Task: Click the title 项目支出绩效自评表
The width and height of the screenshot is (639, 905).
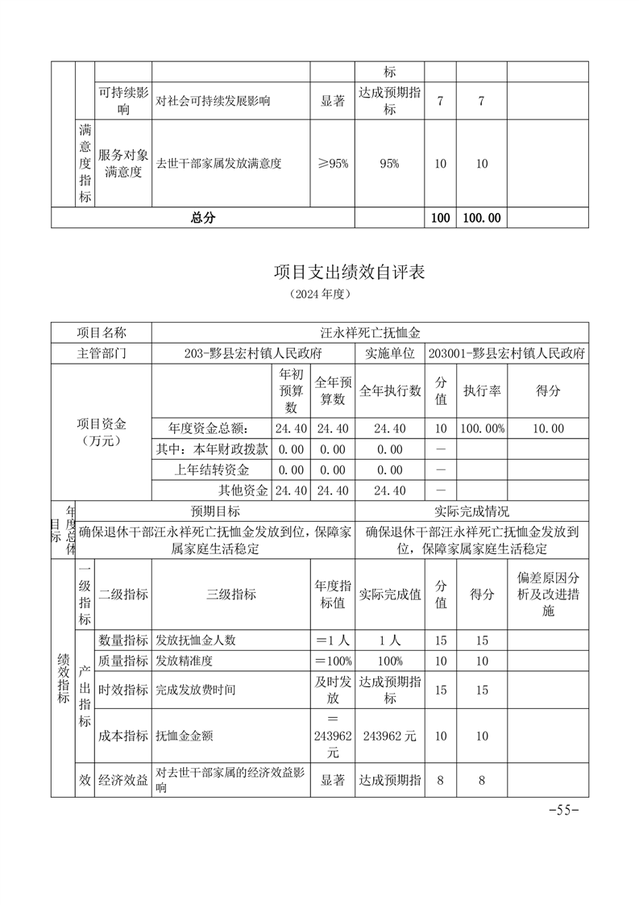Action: click(349, 273)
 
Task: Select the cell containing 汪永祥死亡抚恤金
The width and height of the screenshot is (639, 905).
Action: click(370, 332)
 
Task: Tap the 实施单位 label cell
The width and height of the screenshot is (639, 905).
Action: click(390, 353)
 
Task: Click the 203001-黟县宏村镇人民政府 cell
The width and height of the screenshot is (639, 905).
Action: click(507, 353)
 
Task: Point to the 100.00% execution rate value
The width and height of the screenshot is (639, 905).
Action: click(482, 428)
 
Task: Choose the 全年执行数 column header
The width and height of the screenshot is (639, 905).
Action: click(390, 390)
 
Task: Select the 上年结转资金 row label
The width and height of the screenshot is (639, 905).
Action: click(212, 469)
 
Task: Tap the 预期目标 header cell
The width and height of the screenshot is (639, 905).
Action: click(214, 511)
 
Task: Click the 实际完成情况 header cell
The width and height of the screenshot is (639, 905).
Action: click(471, 511)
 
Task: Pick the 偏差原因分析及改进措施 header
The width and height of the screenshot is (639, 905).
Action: click(548, 594)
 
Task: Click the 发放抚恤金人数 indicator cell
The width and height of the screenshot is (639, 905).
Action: click(196, 640)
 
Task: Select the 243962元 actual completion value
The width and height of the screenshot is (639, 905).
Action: click(390, 735)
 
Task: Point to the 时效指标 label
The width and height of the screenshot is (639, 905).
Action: click(122, 690)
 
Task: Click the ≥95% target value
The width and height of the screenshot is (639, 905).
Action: click(332, 164)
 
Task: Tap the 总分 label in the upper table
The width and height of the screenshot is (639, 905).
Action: click(203, 218)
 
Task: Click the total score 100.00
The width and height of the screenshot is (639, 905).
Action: click(482, 218)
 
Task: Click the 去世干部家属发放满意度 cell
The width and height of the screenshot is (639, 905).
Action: click(219, 164)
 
